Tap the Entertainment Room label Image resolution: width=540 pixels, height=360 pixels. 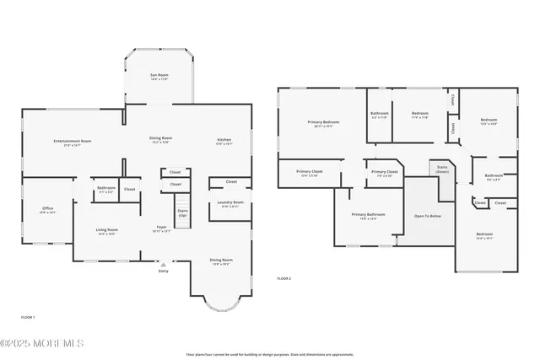(x=72, y=142)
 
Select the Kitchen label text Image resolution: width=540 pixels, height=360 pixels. (x=224, y=141)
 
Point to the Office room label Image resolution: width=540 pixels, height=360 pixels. (x=47, y=210)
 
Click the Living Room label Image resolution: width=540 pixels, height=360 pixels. (x=106, y=231)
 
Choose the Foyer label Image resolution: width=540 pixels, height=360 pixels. (x=162, y=228)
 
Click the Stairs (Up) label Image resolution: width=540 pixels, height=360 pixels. (x=181, y=213)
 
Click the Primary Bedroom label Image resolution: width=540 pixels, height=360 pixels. (x=323, y=123)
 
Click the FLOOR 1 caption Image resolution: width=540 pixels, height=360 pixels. (x=28, y=317)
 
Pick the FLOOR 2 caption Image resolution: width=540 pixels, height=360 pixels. (x=284, y=278)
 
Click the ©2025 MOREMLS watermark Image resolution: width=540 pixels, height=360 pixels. (x=42, y=343)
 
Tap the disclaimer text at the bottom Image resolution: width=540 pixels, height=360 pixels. (x=269, y=354)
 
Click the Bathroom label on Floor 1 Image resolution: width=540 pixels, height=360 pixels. (x=106, y=189)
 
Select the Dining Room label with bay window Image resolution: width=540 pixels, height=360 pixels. (x=220, y=262)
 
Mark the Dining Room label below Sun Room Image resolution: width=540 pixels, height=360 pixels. (x=160, y=140)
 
